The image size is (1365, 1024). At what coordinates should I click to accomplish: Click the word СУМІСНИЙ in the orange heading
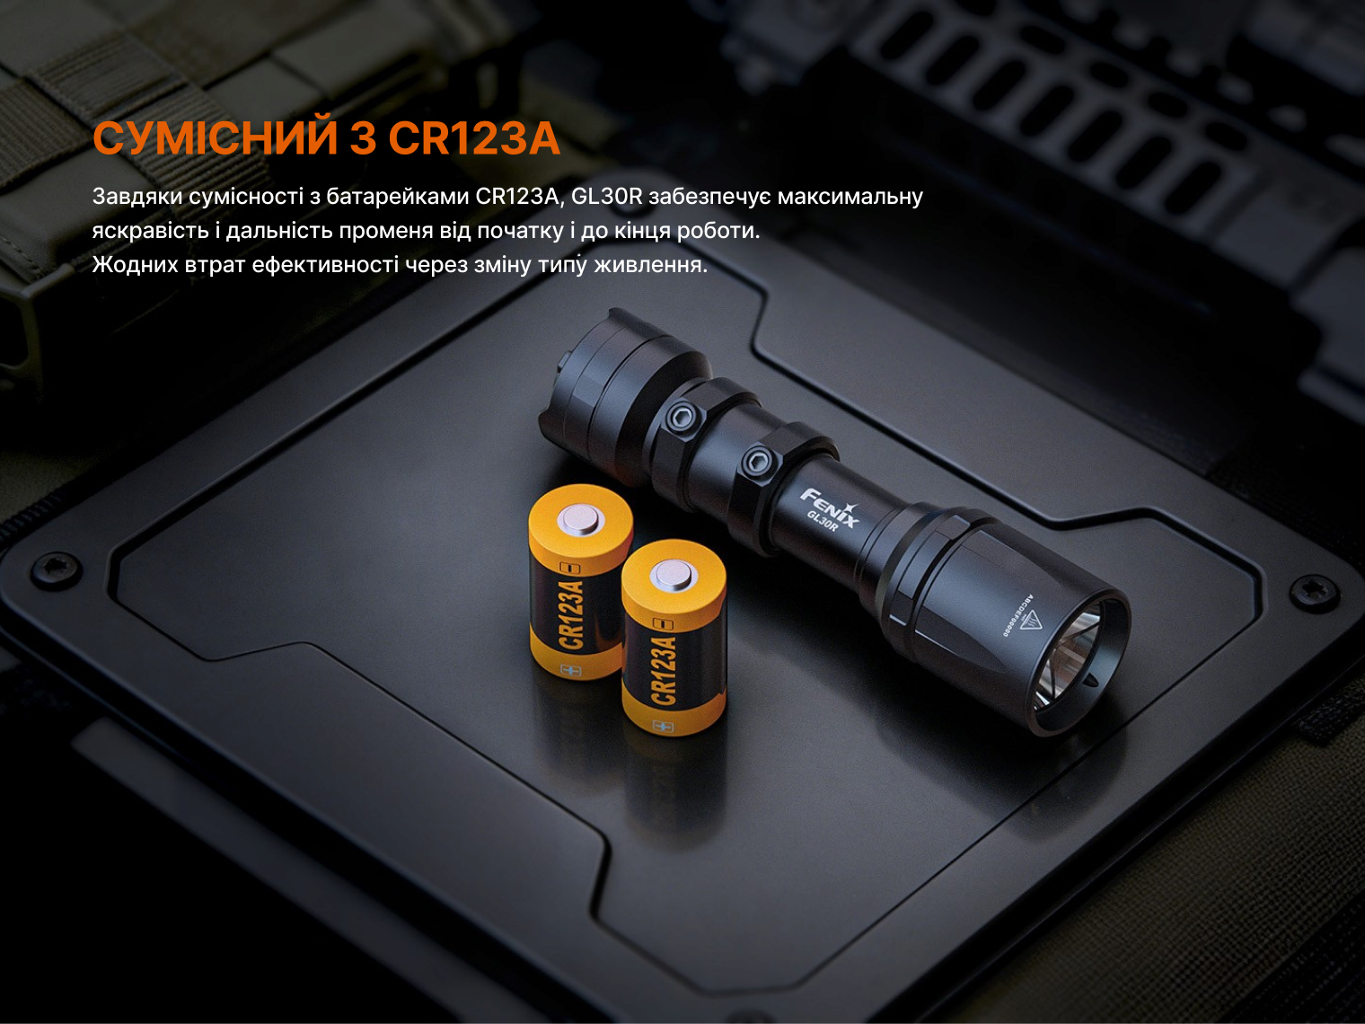tap(216, 137)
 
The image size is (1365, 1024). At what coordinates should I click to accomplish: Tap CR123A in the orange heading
tap(474, 138)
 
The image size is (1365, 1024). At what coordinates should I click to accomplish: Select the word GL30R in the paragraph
tap(606, 197)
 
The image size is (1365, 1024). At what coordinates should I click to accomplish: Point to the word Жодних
tap(136, 265)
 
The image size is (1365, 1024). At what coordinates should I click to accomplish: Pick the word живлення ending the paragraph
tap(650, 266)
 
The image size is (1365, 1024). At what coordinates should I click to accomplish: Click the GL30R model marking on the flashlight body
tap(823, 521)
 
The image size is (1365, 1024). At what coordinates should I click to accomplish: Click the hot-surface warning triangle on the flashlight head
tap(1030, 619)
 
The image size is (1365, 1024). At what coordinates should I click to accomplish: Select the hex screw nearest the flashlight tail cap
tap(681, 416)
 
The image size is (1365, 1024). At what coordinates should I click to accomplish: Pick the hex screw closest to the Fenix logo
tap(759, 461)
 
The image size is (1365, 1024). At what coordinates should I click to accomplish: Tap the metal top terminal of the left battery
tap(581, 520)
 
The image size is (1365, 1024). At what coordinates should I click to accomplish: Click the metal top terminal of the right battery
tap(674, 575)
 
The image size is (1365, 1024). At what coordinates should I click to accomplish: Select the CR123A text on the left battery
tap(571, 615)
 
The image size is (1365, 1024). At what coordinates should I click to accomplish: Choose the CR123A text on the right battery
tap(663, 670)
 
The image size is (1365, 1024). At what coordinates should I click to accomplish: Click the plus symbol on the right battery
tap(663, 726)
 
